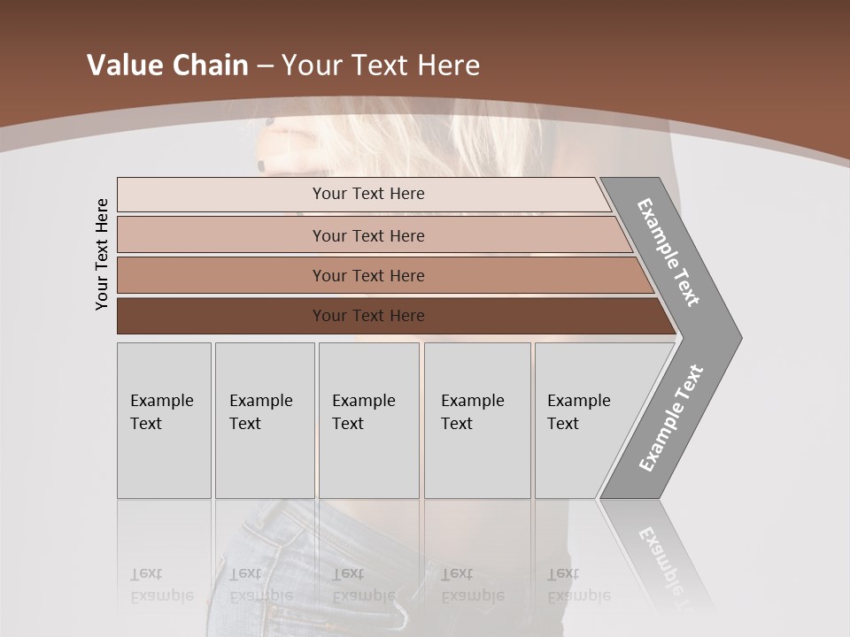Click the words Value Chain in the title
(167, 65)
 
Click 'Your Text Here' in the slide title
(381, 65)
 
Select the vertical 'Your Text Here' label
(102, 254)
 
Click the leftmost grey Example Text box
(164, 420)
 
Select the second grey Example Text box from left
(264, 420)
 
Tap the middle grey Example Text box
(368, 420)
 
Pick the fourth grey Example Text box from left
(476, 420)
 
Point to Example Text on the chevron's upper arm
(668, 252)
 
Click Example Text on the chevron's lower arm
(671, 418)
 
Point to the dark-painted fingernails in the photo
(262, 165)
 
